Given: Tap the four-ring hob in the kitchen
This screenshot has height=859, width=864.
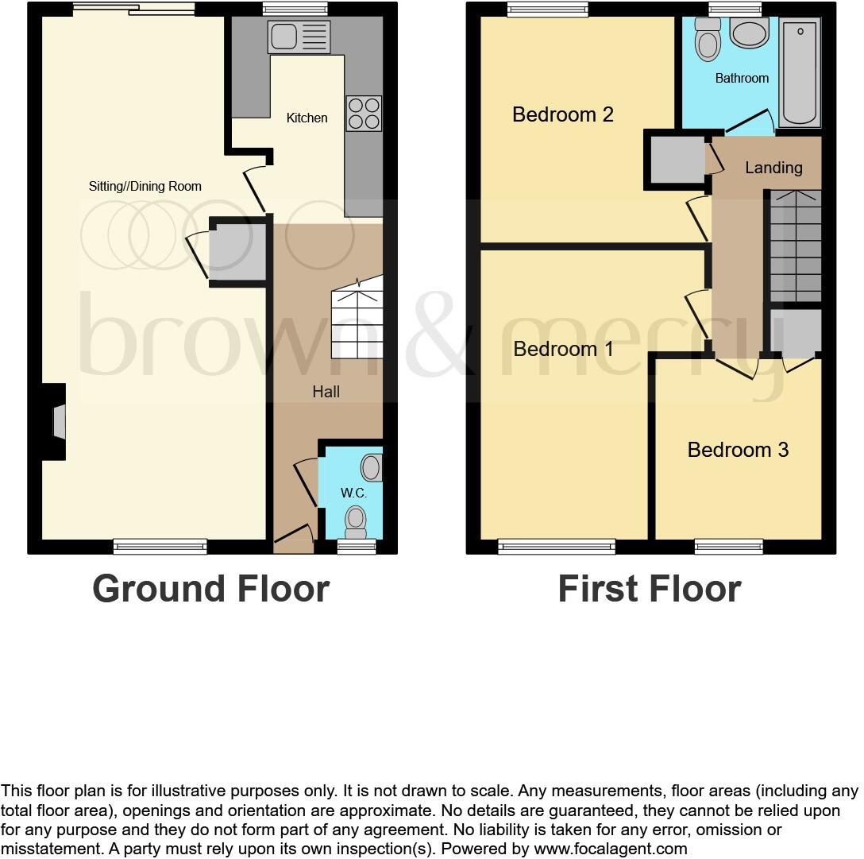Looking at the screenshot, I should [x=364, y=112].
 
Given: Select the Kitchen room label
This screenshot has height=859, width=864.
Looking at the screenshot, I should [x=307, y=118].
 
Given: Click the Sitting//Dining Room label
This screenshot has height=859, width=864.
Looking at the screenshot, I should [x=145, y=186].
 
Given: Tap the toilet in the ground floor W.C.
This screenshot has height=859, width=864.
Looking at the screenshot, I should [x=356, y=520].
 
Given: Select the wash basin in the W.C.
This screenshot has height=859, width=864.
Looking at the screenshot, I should [x=372, y=467].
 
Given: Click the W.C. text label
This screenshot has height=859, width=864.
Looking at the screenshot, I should [x=353, y=493].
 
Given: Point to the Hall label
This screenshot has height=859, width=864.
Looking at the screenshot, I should [x=326, y=392].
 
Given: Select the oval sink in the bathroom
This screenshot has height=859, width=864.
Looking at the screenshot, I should [x=749, y=34].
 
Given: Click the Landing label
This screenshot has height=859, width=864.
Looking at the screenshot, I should [x=773, y=168].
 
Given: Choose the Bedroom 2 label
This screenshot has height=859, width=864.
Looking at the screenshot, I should [x=562, y=114].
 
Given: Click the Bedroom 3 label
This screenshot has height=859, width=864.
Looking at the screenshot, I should [x=738, y=450].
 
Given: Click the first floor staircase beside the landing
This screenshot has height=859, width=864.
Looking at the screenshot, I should [x=795, y=246].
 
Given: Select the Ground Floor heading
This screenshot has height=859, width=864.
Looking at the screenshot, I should [x=210, y=589].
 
